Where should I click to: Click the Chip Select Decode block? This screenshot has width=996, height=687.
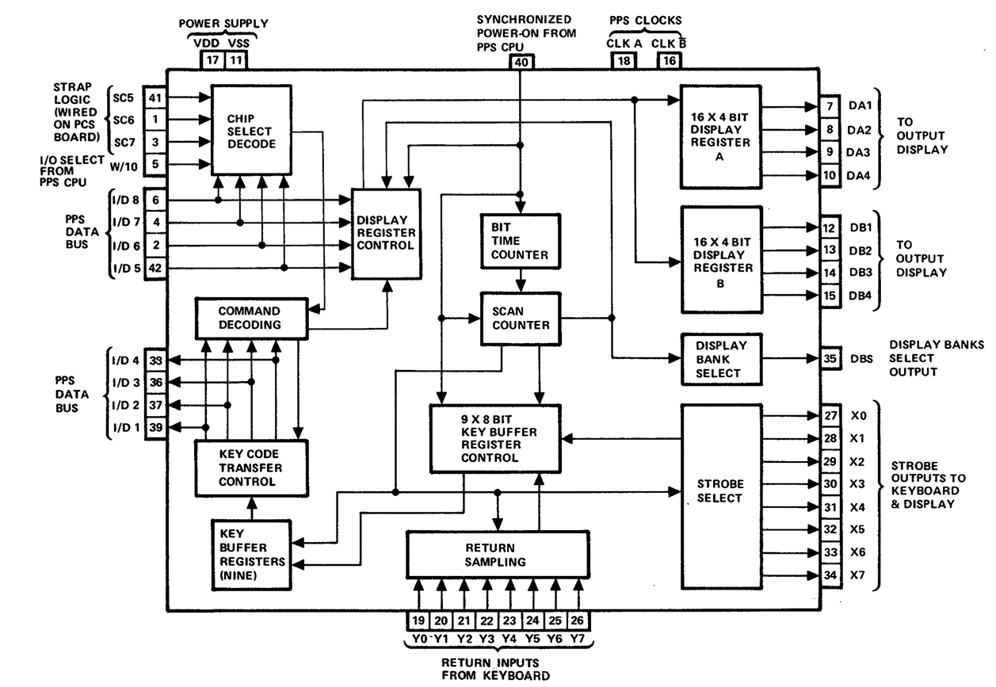tap(250, 130)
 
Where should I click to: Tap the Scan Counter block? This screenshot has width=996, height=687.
tap(520, 319)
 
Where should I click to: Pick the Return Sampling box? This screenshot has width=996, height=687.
tap(497, 555)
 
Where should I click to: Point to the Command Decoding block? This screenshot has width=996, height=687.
tap(250, 318)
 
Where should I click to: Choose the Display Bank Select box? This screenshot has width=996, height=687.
tap(721, 359)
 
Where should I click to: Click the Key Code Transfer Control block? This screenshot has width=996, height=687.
tap(250, 468)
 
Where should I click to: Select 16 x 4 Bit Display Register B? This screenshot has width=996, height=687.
tap(721, 260)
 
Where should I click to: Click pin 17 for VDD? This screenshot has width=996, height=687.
tap(212, 59)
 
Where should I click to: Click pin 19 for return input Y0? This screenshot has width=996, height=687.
tap(418, 622)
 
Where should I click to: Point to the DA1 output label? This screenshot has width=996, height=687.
tap(861, 105)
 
